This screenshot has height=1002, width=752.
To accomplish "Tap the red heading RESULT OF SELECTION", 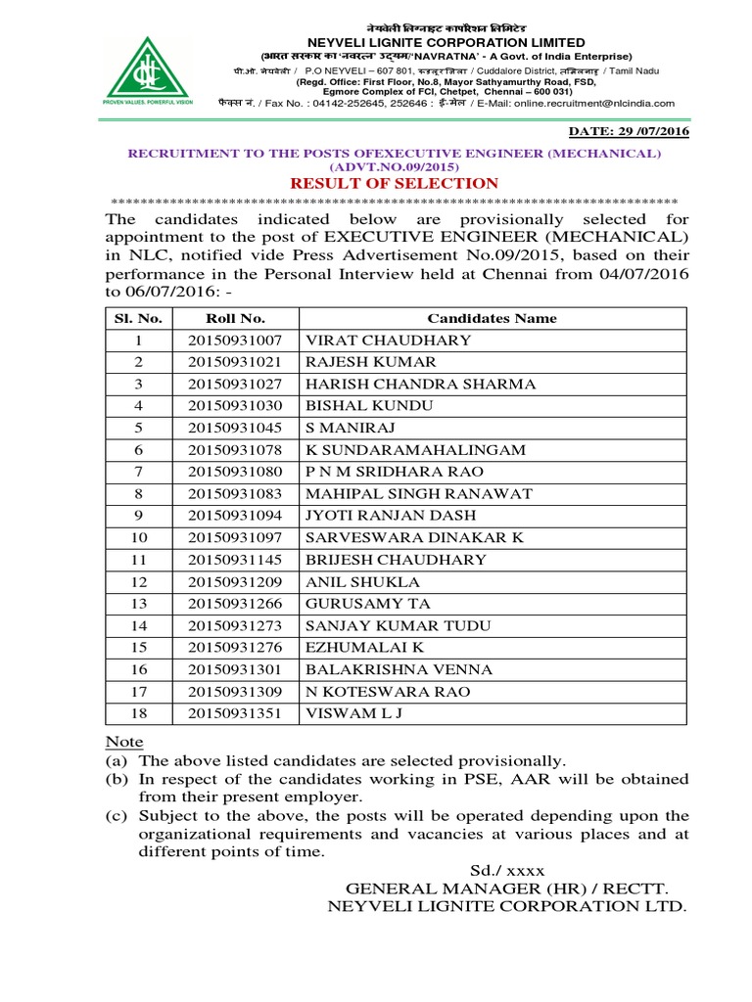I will point(392,183).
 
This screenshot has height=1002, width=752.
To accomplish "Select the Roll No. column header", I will point(235,318).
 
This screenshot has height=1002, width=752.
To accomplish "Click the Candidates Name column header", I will point(492,318).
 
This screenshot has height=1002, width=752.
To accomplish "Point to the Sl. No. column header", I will point(138,318).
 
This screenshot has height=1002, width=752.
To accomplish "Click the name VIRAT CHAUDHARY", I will point(389,341).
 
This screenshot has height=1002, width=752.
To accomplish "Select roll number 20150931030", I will point(235,406).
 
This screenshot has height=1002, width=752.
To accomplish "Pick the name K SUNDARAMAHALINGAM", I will point(415,450).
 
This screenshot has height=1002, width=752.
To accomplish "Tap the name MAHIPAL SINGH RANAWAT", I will point(418,493).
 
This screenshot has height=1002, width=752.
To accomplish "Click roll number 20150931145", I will point(235,560).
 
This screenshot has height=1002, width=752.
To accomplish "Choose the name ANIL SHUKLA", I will point(362,581).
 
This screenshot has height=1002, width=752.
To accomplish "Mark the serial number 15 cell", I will point(138,648).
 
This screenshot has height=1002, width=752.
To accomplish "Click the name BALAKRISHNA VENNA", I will point(399,669).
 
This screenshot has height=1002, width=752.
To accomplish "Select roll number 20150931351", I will point(235,713).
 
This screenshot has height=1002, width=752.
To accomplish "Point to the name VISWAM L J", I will point(353,713).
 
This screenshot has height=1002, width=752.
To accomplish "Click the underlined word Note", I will point(123,742).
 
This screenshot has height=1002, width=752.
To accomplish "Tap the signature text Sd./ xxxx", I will point(506,870).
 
